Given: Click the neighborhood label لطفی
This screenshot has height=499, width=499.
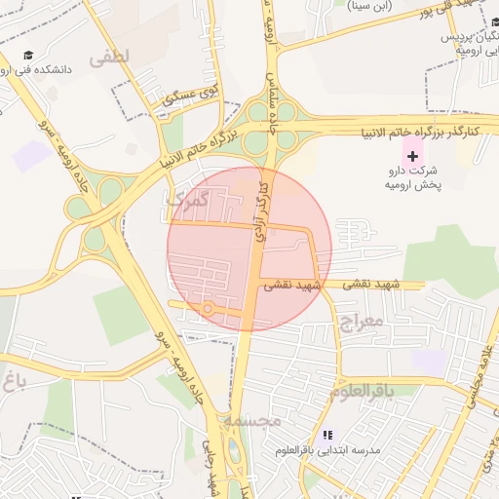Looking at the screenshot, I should coord(108,58).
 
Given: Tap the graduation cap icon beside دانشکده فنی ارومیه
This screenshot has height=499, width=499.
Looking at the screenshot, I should coord(28,56).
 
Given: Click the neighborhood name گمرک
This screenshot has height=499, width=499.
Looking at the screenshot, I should coord(187,200).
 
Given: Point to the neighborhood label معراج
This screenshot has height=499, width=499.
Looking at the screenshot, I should coord(360,319).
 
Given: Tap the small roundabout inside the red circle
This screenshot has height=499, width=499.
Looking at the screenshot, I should coord(209,309).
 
